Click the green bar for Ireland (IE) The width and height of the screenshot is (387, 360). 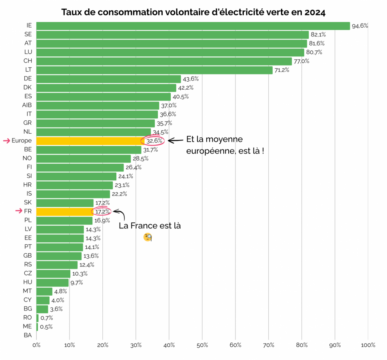193,26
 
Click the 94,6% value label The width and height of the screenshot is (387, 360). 360,26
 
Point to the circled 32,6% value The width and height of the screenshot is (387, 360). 154,141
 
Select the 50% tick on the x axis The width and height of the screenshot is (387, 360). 202,345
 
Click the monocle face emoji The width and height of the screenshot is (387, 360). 148,237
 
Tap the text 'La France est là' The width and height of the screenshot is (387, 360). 150,226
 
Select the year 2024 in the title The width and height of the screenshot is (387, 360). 315,12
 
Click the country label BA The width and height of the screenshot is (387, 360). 28,335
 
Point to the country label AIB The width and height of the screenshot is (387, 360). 27,105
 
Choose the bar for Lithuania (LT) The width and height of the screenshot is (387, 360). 154,70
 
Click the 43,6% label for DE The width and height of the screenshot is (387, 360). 191,79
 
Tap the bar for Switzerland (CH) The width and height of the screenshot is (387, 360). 164,61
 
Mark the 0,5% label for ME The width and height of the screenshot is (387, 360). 46,326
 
